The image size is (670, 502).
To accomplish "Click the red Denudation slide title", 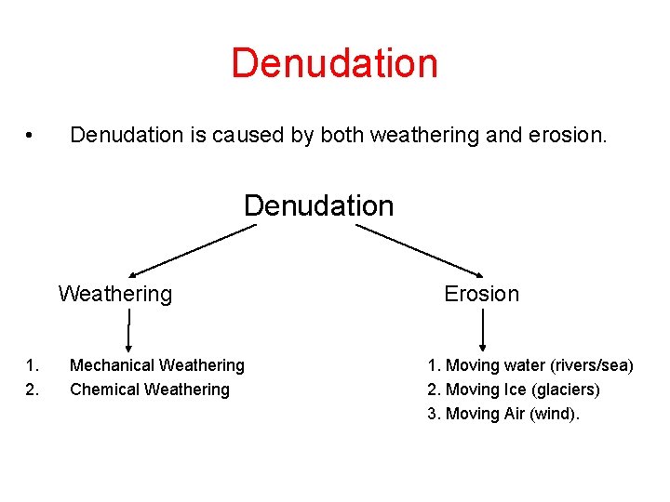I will pyautogui.click(x=334, y=63).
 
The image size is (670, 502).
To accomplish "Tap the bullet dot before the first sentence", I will pyautogui.click(x=31, y=136).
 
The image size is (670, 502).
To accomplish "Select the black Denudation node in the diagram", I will pyautogui.click(x=318, y=205).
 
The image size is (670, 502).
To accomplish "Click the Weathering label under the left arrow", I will pyautogui.click(x=115, y=295).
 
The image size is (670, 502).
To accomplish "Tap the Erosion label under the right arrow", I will pyautogui.click(x=481, y=295).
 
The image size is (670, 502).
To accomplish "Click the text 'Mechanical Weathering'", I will pyautogui.click(x=156, y=366).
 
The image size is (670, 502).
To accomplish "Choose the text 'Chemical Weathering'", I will pyautogui.click(x=149, y=390).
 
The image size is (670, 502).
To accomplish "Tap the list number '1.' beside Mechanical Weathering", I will pyautogui.click(x=33, y=366).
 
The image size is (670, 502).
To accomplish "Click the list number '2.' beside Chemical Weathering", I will pyautogui.click(x=33, y=390).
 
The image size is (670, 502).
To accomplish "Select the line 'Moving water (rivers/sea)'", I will pyautogui.click(x=539, y=366).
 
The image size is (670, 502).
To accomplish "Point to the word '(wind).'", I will pyautogui.click(x=554, y=414).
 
